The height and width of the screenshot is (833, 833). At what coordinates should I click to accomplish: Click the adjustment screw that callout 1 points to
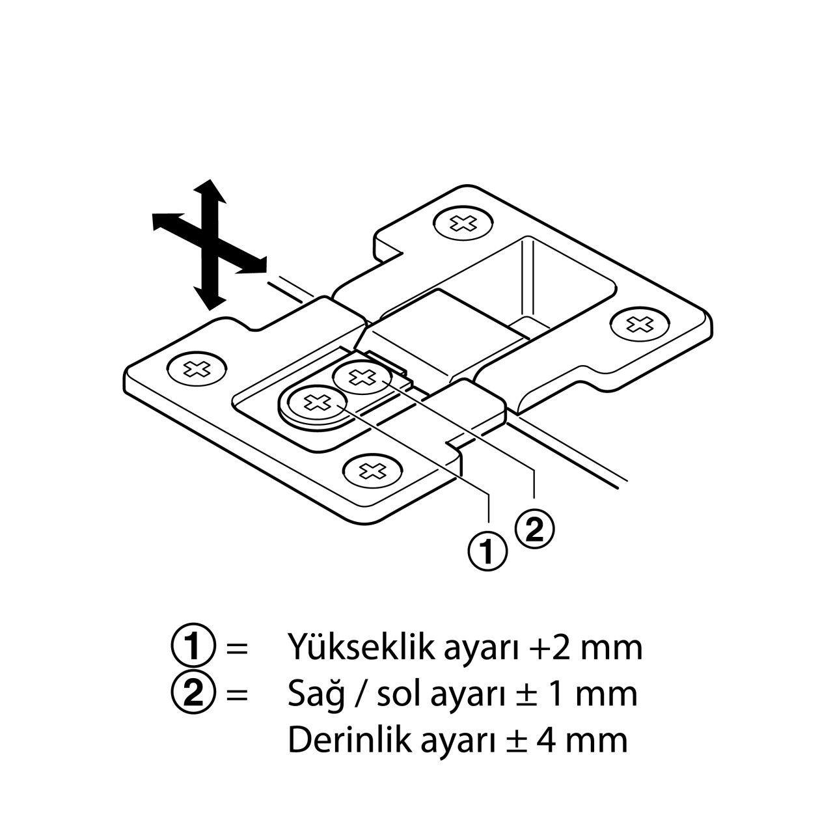coord(317,403)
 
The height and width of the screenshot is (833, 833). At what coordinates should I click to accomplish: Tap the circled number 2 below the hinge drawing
coord(535,530)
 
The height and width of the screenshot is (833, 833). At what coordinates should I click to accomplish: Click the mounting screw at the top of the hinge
coord(463,223)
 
